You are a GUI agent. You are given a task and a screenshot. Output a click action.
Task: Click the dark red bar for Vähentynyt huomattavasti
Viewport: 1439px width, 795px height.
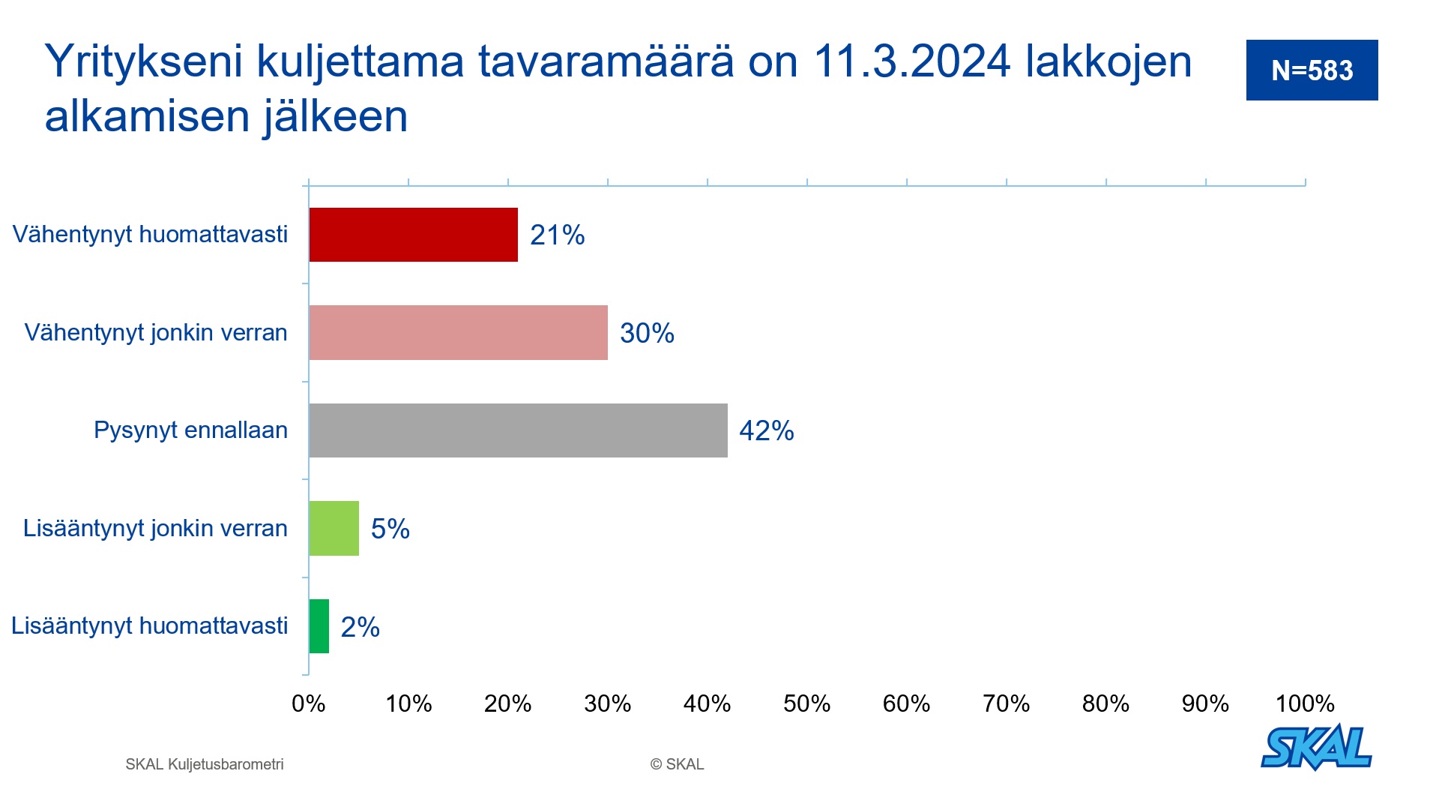pos(413,235)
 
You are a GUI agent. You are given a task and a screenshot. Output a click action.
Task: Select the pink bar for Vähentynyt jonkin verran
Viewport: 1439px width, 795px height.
pos(458,332)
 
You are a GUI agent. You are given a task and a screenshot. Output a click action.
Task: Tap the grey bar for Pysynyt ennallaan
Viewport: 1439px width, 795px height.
pos(518,430)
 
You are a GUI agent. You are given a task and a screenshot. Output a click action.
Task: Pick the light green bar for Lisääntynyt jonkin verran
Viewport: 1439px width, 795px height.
pos(334,528)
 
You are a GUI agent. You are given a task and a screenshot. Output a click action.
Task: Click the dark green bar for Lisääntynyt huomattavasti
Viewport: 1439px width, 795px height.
pos(319,626)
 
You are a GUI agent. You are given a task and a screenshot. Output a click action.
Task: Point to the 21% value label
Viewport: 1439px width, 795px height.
pos(558,235)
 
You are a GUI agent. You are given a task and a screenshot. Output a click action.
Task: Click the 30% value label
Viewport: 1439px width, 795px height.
pos(648,333)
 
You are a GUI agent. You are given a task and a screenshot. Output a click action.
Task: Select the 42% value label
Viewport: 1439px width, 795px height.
pos(767,430)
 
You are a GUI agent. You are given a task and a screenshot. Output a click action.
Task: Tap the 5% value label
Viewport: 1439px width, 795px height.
pos(390,529)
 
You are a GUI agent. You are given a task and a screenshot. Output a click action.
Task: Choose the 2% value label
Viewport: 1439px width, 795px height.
pos(360,627)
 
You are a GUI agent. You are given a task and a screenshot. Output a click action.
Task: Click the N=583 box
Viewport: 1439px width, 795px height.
pos(1312,70)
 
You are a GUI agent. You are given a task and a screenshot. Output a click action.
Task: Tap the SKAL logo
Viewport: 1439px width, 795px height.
pos(1317,747)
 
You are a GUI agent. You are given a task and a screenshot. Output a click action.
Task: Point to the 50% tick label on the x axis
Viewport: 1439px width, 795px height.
pos(807,703)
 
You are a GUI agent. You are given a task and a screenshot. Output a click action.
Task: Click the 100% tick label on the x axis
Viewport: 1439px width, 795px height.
pos(1305,703)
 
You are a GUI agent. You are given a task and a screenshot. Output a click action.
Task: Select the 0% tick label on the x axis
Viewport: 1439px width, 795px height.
pos(309,703)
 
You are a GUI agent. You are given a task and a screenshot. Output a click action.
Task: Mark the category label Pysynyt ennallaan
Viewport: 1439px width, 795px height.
pos(191,430)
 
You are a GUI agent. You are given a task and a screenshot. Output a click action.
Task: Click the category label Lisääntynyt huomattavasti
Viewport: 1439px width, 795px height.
pos(150,625)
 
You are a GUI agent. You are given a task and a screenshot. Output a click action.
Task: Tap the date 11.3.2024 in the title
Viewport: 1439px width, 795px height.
pos(912,61)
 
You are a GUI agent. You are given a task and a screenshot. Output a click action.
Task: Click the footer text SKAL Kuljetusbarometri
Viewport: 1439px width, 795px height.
pos(205,764)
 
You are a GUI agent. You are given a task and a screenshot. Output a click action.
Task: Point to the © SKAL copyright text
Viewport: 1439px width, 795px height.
pos(677,764)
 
